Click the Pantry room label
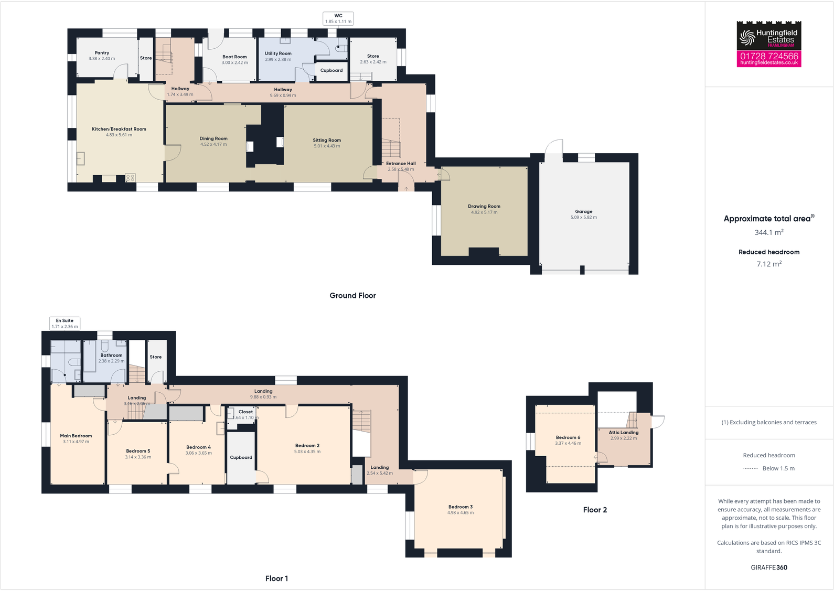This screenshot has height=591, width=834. click(x=102, y=53)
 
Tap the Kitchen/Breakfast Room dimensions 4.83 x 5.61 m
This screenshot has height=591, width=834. click(x=119, y=135)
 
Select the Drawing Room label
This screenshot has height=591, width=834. click(x=484, y=207)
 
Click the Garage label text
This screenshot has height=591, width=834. click(x=583, y=212)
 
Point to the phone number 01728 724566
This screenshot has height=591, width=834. click(x=768, y=56)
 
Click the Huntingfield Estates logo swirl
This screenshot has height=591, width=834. click(x=746, y=37)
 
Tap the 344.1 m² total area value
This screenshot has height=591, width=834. click(x=768, y=232)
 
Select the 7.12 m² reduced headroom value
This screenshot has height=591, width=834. click(x=768, y=264)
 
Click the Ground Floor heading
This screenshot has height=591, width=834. click(x=352, y=296)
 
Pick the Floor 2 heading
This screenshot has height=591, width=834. click(x=595, y=510)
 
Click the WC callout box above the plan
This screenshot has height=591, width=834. click(x=338, y=19)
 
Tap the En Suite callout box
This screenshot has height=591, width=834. click(x=65, y=324)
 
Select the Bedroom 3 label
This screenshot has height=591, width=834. click(x=460, y=507)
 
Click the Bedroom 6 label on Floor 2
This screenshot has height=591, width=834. click(x=568, y=437)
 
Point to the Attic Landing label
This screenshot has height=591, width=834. click(x=623, y=433)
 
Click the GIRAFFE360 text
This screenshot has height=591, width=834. click(x=768, y=567)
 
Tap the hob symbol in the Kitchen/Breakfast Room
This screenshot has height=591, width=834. click(x=130, y=178)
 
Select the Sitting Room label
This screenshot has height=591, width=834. click(x=327, y=141)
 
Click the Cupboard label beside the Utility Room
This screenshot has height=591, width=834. click(x=332, y=70)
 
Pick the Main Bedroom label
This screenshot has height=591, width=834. click(x=76, y=436)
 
